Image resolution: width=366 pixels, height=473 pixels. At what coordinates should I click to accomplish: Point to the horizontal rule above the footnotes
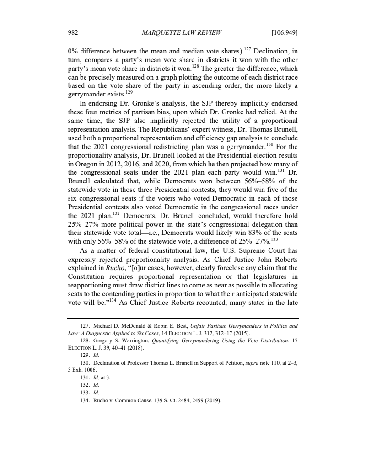click(x=183, y=318)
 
